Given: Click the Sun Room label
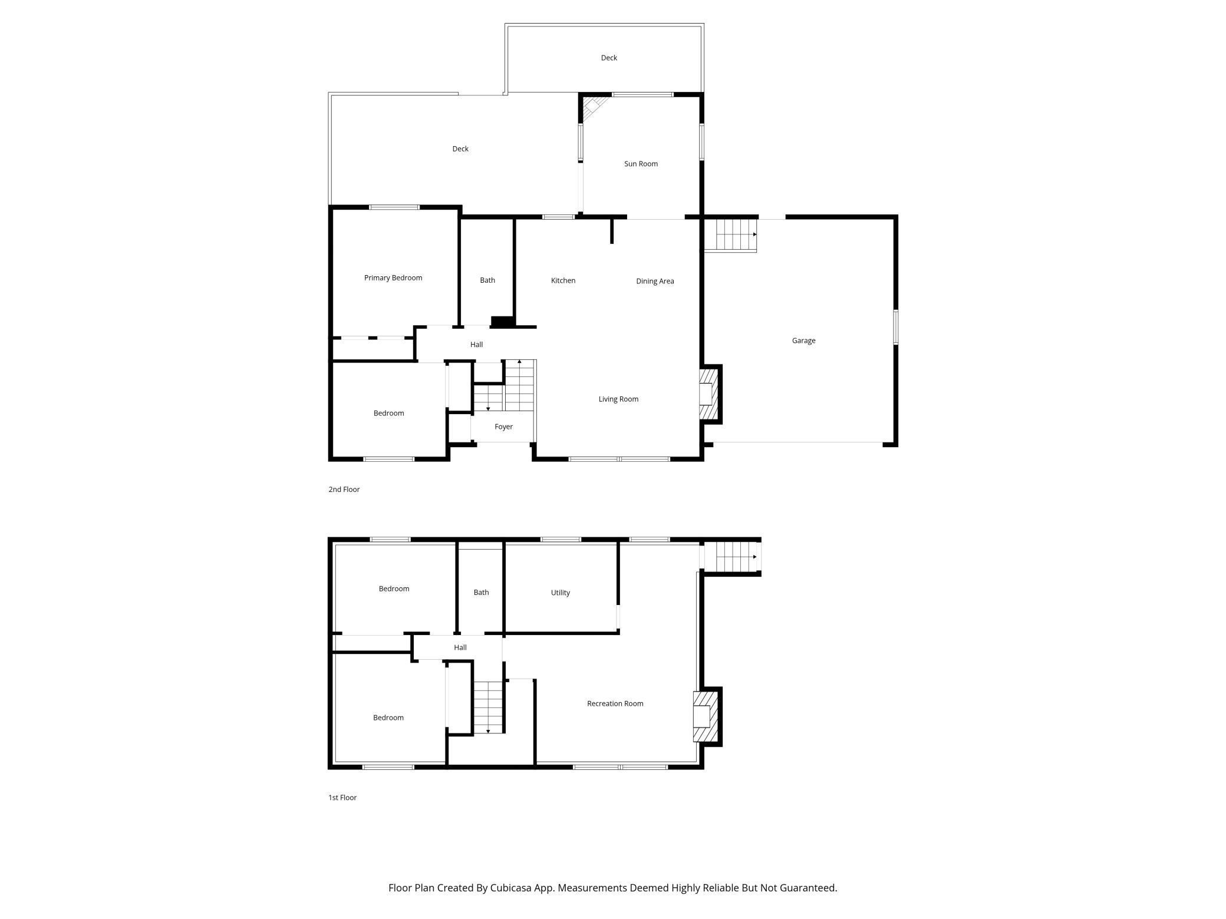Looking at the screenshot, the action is pyautogui.click(x=641, y=164).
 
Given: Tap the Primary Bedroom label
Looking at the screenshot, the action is pyautogui.click(x=393, y=278).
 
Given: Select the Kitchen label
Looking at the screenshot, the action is pyautogui.click(x=563, y=280).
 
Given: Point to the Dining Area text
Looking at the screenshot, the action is pyautogui.click(x=655, y=281).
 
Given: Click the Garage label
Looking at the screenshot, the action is pyautogui.click(x=803, y=341).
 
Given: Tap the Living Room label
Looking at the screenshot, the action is pyautogui.click(x=618, y=399).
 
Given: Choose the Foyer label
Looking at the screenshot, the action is pyautogui.click(x=503, y=427).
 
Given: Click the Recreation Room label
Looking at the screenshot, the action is pyautogui.click(x=615, y=703).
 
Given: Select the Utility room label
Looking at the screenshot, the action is pyautogui.click(x=560, y=593).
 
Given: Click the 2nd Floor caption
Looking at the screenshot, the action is pyautogui.click(x=344, y=489).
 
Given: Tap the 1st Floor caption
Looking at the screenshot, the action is pyautogui.click(x=342, y=797).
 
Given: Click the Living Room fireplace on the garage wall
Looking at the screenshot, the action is pyautogui.click(x=709, y=394).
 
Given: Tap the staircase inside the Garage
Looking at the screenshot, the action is pyautogui.click(x=730, y=234).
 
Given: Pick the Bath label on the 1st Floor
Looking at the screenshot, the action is pyautogui.click(x=481, y=593).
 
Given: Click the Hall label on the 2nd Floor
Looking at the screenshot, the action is pyautogui.click(x=476, y=345).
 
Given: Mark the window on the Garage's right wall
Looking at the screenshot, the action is pyautogui.click(x=895, y=327).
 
